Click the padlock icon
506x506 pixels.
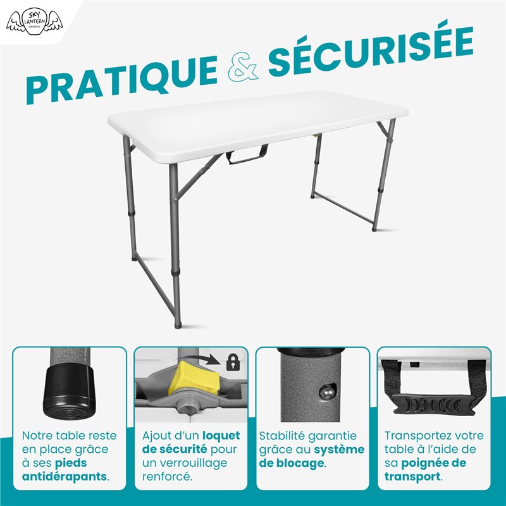[x=233, y=362]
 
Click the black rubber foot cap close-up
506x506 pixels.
[x=66, y=395]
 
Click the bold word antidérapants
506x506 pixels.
[x=65, y=476]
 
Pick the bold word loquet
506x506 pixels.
[x=221, y=436]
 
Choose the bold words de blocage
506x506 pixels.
[x=292, y=463]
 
